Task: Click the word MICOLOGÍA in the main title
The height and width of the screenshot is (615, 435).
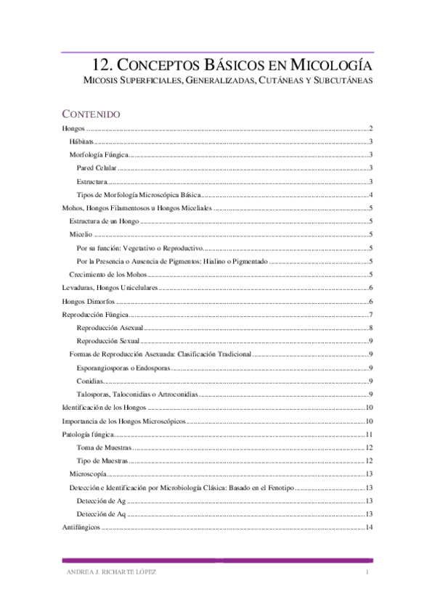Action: coord(330,63)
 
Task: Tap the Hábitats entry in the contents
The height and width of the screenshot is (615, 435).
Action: coord(81,141)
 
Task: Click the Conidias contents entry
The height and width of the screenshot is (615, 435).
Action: coord(90,381)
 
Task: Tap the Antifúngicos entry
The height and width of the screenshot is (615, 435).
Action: coord(81,527)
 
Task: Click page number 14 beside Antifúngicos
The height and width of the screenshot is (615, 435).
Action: coord(369,527)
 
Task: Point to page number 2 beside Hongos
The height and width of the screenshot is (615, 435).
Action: coord(370,128)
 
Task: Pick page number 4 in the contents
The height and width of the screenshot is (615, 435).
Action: coord(370,195)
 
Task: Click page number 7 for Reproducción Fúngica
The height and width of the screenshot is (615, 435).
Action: coord(370,315)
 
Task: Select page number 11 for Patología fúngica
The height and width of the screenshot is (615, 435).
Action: coord(369,434)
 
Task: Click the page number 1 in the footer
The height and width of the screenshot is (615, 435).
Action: coord(368,573)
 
